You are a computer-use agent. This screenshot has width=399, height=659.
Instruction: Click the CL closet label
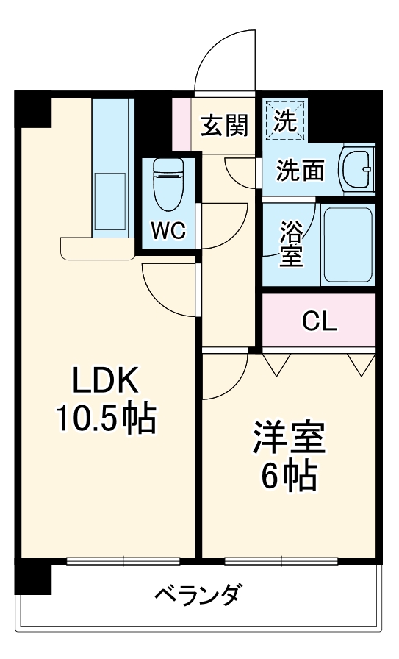click(x=319, y=321)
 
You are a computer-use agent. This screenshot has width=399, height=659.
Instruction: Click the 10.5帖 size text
click(x=105, y=419)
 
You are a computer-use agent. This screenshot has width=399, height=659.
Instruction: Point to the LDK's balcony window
click(x=123, y=561)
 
